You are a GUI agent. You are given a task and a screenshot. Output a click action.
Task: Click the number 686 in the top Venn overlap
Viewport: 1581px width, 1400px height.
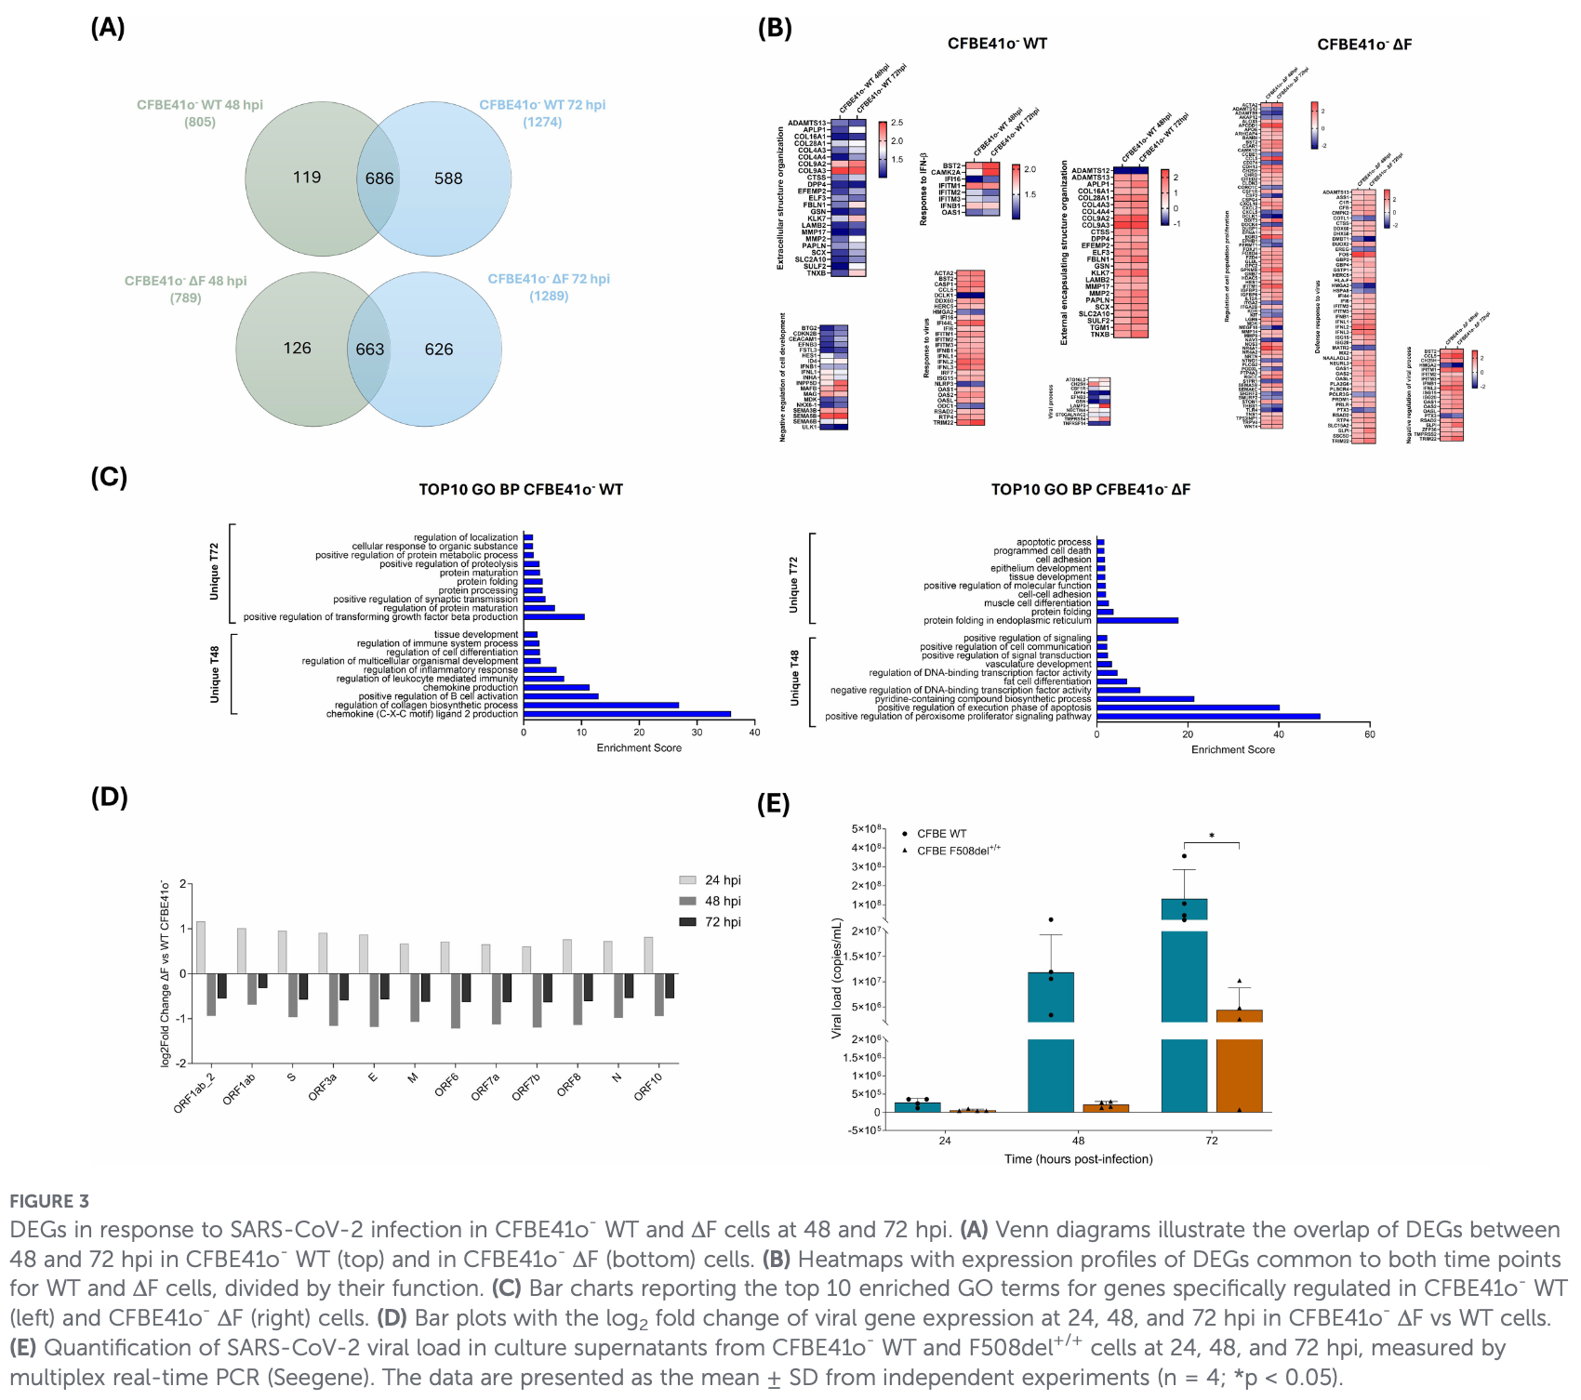point(379,178)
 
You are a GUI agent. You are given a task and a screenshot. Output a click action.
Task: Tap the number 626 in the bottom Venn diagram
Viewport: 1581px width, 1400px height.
point(439,350)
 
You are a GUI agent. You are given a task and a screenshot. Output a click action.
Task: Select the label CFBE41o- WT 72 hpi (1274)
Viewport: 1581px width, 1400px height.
point(542,113)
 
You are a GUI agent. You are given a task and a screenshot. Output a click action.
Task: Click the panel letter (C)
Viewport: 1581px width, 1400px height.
point(109,478)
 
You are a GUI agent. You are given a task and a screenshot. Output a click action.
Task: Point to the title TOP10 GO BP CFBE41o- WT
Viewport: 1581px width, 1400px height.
point(521,490)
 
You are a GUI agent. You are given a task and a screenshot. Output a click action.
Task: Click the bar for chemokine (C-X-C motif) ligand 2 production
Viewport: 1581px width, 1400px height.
point(627,714)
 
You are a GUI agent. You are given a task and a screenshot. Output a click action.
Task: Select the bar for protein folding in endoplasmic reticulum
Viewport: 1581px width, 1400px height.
point(1137,620)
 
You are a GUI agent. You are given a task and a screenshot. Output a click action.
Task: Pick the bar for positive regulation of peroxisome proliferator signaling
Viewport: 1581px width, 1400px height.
point(1208,717)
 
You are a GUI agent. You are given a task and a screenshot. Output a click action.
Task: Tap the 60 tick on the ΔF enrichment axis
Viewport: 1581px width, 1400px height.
point(1370,734)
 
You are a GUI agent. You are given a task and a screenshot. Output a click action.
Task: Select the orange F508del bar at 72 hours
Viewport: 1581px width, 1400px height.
point(1240,1060)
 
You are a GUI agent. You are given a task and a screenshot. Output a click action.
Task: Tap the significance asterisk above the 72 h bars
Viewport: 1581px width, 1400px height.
point(1212,837)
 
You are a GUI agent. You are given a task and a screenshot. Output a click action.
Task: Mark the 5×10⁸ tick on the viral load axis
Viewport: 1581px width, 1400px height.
point(868,829)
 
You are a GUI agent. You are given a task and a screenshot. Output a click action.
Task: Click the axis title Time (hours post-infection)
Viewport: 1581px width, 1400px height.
point(1078,1159)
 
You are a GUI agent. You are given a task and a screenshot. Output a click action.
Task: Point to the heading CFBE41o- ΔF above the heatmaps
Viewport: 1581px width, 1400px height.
point(1364,45)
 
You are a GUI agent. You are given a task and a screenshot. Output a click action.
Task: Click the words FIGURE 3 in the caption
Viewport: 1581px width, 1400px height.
point(49,1201)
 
